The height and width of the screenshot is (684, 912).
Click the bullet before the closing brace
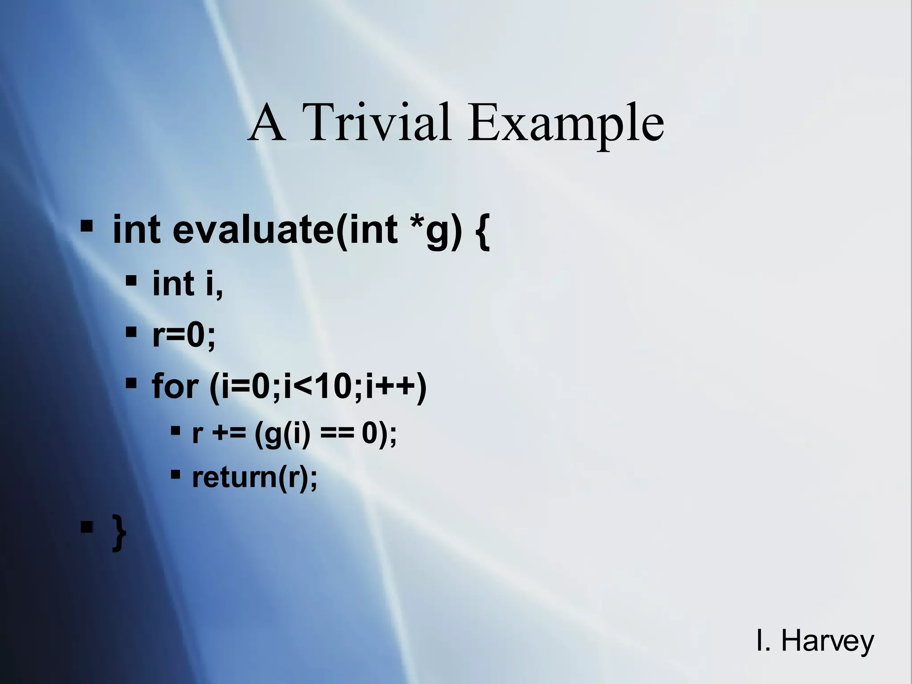pos(86,528)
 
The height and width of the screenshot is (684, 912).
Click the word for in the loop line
pos(175,387)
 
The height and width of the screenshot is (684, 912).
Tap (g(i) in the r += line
pos(282,434)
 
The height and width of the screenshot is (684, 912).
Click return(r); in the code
pos(255,477)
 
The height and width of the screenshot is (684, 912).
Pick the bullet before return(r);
pos(175,473)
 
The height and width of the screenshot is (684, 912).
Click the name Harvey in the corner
pos(827,642)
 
